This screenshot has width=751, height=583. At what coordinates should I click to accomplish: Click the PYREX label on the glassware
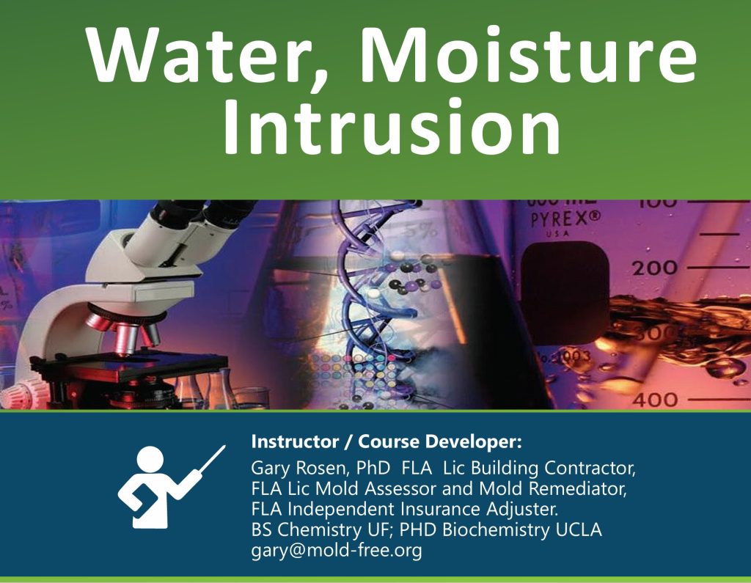[x=565, y=219]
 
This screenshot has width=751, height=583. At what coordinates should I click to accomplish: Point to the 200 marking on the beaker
[x=655, y=268]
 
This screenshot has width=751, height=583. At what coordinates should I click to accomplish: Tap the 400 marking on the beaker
[x=655, y=400]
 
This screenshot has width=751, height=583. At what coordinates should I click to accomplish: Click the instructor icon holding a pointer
[x=171, y=487]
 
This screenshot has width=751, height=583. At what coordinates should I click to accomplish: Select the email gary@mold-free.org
[x=336, y=550]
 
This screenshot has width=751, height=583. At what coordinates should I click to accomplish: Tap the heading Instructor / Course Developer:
[x=386, y=441]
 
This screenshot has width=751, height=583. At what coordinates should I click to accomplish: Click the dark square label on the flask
[x=565, y=293]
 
